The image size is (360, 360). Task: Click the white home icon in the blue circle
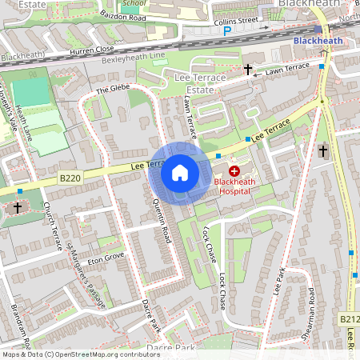[179, 173]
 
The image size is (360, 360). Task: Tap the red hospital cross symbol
[234, 171]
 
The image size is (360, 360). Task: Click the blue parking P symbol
[226, 31]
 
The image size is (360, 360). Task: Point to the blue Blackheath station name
[318, 40]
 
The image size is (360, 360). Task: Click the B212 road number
[350, 318]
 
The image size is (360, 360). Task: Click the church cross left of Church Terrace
[18, 208]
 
